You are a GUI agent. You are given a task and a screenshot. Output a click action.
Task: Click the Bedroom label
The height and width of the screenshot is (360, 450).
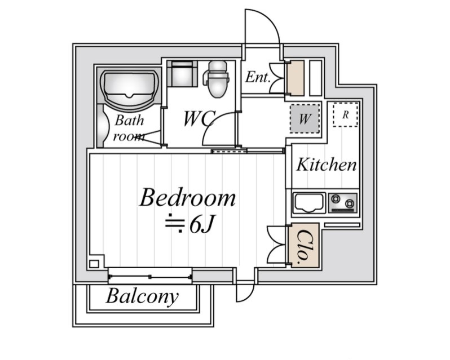[187, 198]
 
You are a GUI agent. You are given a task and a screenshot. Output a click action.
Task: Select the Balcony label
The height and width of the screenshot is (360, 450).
[142, 296]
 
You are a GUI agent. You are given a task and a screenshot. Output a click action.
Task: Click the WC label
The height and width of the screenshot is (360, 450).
[199, 119]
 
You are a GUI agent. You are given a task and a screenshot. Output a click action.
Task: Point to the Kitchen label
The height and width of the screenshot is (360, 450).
[327, 165]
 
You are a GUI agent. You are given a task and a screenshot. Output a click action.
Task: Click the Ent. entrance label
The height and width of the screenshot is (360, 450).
[258, 77]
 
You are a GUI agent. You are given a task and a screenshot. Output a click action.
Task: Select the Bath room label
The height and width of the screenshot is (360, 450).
[129, 128]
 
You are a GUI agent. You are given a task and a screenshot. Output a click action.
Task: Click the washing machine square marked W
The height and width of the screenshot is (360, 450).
[305, 119]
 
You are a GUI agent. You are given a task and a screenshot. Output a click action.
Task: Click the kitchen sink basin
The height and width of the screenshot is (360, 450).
[308, 203]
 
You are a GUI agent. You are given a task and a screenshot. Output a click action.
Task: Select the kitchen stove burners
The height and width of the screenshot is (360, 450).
[343, 202]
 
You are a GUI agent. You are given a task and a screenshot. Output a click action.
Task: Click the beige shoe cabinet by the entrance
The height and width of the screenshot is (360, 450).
[295, 77]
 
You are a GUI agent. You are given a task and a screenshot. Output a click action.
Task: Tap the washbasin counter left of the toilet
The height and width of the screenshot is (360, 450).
[182, 74]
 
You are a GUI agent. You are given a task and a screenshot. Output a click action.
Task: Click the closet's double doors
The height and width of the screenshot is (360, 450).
[276, 245]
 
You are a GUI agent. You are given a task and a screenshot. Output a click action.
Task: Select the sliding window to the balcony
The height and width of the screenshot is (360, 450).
[149, 276]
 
